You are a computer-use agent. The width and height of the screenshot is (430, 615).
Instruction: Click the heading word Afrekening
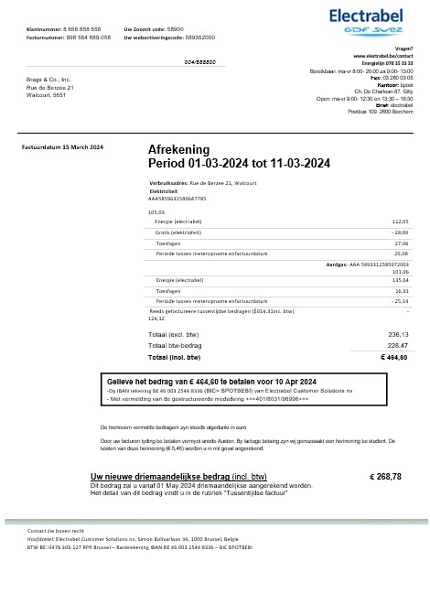coord(178,149)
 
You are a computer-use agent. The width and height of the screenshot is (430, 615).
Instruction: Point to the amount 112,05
coord(400,221)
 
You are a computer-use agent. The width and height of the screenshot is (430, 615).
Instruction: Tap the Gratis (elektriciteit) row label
coord(181,232)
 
